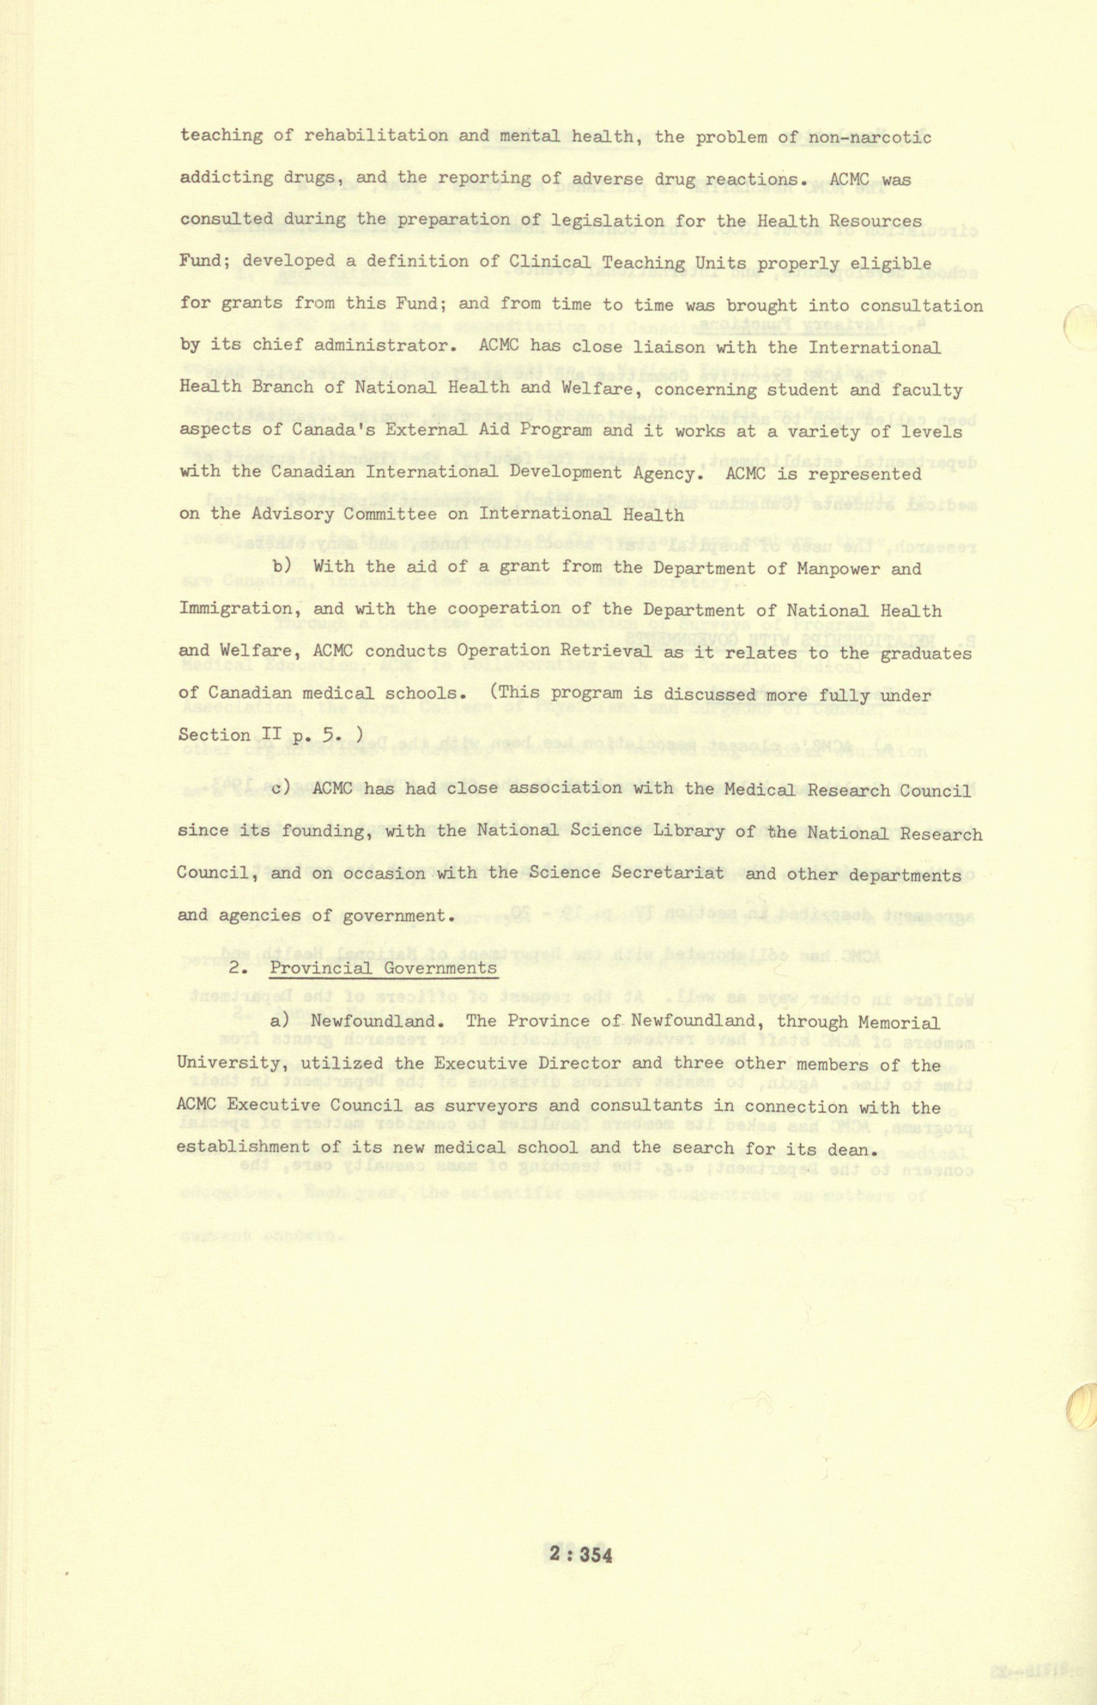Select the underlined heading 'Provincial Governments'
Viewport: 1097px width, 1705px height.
(x=383, y=968)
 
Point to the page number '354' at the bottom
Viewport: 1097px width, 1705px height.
(x=596, y=1554)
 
